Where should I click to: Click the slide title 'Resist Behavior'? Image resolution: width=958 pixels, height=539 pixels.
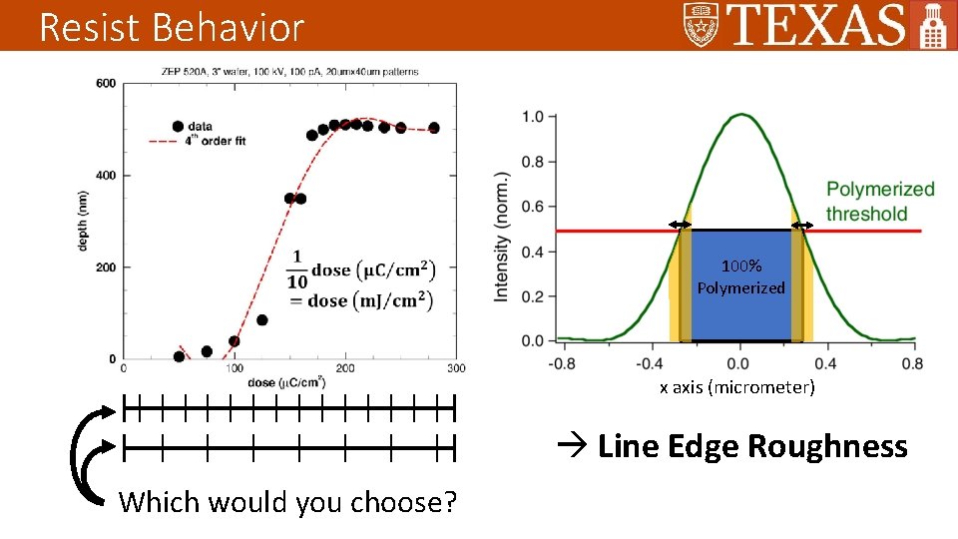click(x=171, y=27)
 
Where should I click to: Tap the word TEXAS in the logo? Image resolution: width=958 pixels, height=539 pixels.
click(x=817, y=25)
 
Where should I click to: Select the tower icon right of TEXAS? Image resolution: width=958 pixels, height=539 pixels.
click(x=932, y=26)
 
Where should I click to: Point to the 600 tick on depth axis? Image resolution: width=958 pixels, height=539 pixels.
click(x=106, y=84)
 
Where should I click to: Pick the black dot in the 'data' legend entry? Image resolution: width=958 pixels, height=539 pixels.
click(x=178, y=127)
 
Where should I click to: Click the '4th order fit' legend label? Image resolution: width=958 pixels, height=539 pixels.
click(x=217, y=141)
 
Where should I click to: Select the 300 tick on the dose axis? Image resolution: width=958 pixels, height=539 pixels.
click(x=455, y=368)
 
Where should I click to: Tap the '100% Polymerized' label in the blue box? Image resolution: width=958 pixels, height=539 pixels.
click(x=741, y=277)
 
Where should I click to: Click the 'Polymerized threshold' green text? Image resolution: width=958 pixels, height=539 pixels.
click(x=880, y=201)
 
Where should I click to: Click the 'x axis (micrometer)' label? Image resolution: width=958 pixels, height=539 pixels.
click(x=736, y=387)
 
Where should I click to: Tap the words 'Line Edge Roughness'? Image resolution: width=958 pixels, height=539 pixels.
click(x=751, y=446)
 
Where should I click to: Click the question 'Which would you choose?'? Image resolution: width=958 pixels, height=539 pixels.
click(x=287, y=502)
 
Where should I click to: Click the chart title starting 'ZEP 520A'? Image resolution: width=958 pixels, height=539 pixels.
click(x=288, y=71)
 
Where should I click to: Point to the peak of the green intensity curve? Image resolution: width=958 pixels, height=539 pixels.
click(x=738, y=115)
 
